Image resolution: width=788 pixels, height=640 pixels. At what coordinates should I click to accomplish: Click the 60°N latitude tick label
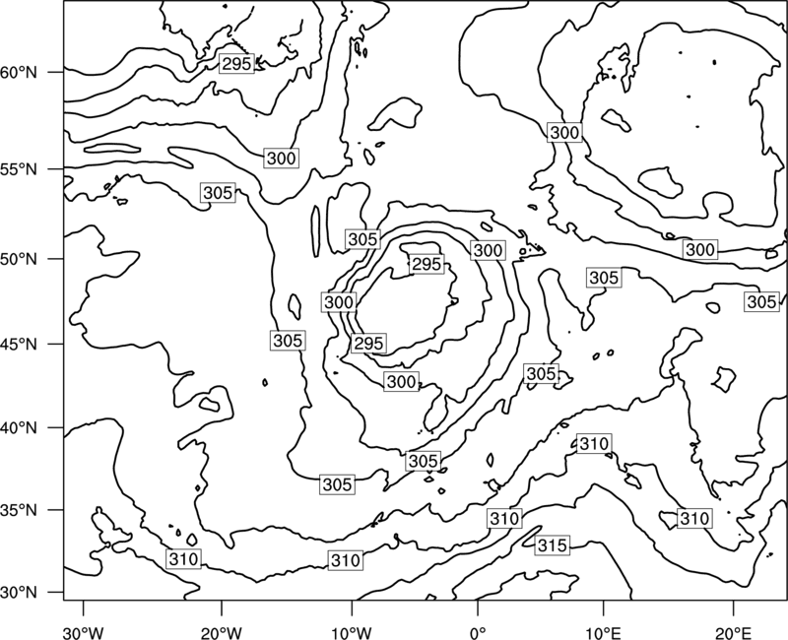coord(19,72)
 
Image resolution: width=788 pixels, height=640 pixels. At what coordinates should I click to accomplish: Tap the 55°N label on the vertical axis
coord(19,169)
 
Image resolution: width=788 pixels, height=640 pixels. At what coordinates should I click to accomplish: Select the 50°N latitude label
coord(19,259)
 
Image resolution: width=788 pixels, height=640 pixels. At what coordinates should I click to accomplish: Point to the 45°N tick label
coord(19,344)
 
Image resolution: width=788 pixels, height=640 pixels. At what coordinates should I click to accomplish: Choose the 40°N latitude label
coord(19,428)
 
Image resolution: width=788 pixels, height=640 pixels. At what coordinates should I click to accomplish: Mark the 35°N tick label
coord(19,510)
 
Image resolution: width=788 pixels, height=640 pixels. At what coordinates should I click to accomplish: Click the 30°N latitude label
coord(19,593)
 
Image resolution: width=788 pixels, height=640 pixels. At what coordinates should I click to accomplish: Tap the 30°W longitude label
coord(83,632)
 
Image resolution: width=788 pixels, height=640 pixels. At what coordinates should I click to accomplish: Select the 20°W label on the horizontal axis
coord(221,632)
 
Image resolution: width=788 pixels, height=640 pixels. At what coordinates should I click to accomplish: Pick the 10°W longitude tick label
coord(352,632)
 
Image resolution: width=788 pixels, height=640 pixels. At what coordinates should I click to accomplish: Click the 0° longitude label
coord(478,632)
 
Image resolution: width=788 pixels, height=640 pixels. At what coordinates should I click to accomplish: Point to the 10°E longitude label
coord(603,632)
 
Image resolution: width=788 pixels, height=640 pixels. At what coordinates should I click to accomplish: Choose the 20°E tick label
coord(733,632)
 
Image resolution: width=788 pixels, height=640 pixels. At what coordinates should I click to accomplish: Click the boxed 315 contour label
coord(553,545)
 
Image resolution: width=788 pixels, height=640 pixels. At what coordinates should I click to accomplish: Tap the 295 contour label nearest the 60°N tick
coord(236,64)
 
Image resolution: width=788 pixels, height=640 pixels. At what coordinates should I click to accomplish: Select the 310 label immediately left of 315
coord(504,519)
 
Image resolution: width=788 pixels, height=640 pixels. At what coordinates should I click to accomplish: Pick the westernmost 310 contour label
coord(183,559)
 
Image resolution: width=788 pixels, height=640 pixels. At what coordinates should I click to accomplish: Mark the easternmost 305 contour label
coord(761,302)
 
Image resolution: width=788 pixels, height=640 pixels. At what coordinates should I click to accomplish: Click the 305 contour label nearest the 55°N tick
coord(218,192)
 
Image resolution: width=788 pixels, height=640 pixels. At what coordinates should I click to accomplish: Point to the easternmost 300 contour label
coord(700,250)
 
